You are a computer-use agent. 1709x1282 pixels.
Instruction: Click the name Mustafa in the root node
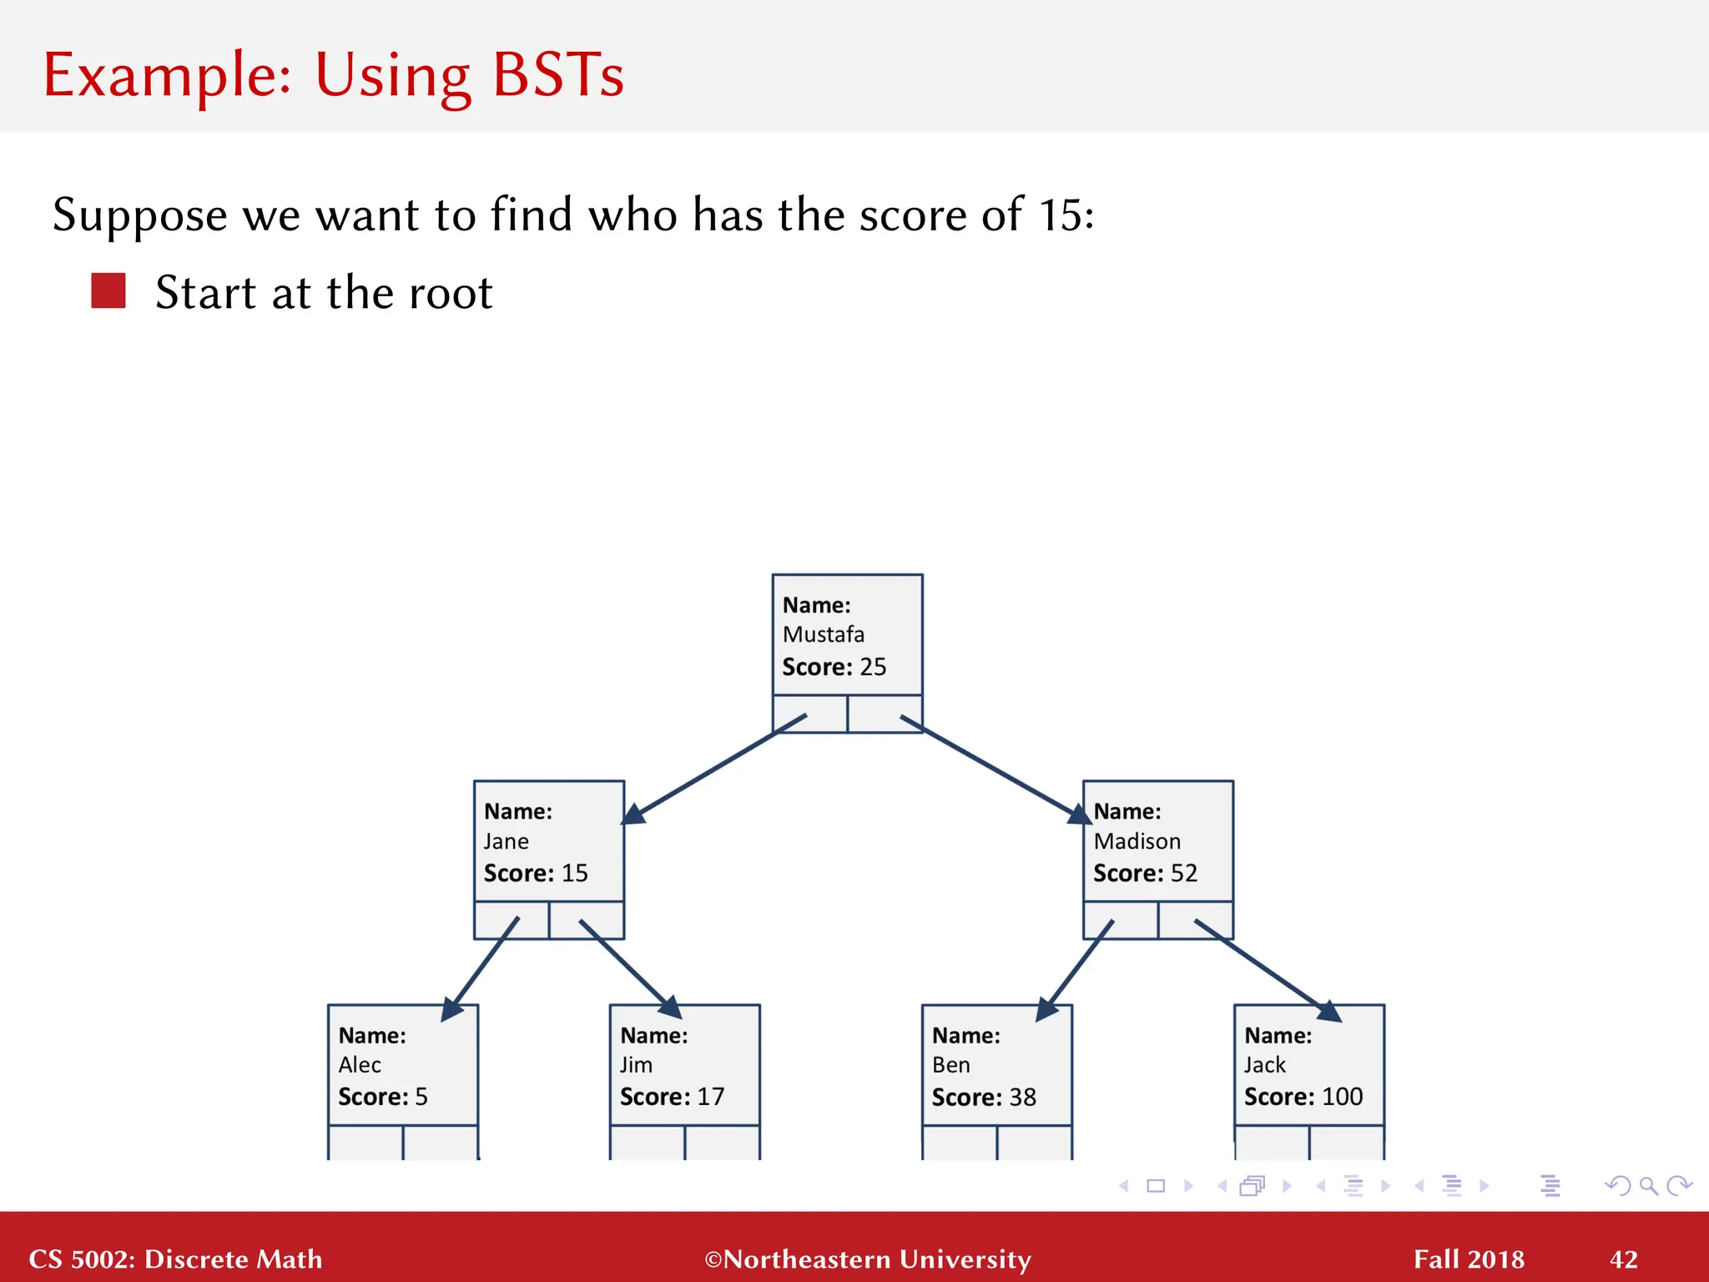tap(823, 635)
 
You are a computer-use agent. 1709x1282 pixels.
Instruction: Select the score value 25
tap(873, 667)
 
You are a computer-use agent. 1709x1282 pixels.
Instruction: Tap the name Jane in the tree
tap(506, 841)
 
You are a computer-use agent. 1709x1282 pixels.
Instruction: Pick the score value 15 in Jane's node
tap(574, 873)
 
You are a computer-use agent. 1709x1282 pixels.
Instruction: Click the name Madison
tap(1137, 841)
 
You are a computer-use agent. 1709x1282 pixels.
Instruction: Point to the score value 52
tap(1183, 873)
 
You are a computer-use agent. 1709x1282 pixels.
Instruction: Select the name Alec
tap(360, 1065)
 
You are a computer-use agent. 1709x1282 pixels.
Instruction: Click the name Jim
tap(636, 1065)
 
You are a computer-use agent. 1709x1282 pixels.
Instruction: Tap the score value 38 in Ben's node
tap(1022, 1097)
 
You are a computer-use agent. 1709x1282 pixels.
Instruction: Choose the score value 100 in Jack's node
tap(1342, 1097)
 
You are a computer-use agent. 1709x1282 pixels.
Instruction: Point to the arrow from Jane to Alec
tap(482, 968)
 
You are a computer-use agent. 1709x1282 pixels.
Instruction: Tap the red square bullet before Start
tap(108, 291)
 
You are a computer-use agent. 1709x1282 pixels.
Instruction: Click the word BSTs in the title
tap(557, 76)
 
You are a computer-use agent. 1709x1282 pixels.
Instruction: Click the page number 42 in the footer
tap(1623, 1259)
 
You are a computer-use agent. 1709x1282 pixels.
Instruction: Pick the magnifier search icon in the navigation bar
tap(1648, 1185)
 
